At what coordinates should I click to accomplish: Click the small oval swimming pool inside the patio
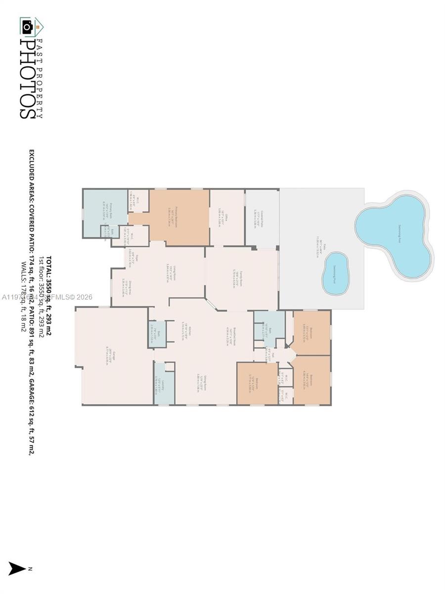click(336, 273)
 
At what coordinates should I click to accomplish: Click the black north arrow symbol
click(17, 569)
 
